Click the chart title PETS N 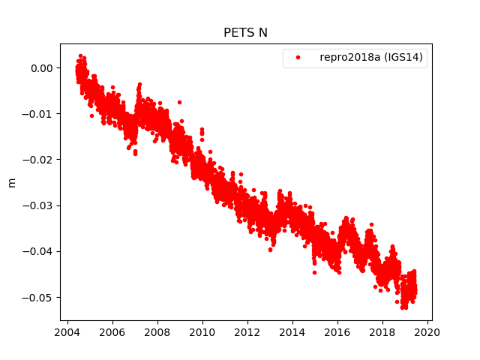point(245,32)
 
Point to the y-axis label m point(11,182)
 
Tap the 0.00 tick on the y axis point(41,68)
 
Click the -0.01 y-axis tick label point(39,114)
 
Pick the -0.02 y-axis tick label point(39,160)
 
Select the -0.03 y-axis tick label point(39,205)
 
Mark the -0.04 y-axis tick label point(39,251)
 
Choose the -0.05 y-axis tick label point(39,298)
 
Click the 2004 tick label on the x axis point(67,333)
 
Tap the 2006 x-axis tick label point(112,333)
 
